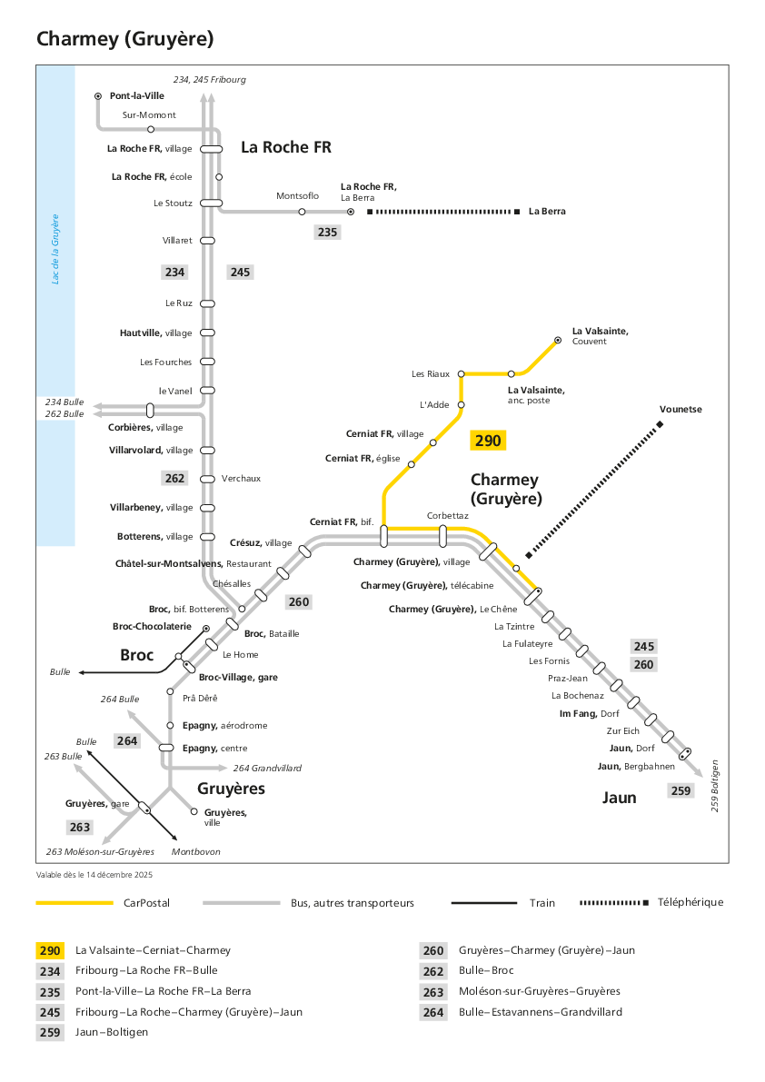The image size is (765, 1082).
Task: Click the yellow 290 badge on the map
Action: tap(488, 441)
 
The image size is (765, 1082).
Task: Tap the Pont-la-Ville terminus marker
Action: tap(98, 96)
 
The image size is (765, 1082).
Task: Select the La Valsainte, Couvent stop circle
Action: tap(558, 340)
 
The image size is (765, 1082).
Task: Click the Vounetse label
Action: tap(681, 409)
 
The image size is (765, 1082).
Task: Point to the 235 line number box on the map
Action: tap(328, 232)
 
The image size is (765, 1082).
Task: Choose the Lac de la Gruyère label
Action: tap(55, 249)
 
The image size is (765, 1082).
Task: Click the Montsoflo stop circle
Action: tap(302, 212)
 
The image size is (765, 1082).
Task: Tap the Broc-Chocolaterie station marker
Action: tap(205, 629)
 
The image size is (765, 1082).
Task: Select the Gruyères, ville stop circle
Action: tap(194, 811)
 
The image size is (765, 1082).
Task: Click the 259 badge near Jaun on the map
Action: tap(681, 790)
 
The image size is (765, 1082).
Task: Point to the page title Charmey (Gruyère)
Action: tap(124, 39)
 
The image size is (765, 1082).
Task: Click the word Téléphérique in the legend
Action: tap(690, 902)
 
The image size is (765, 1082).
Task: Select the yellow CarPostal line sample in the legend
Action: tap(75, 903)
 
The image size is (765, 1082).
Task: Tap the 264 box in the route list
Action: tap(433, 1012)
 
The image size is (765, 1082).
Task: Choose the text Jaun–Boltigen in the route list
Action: tap(112, 1032)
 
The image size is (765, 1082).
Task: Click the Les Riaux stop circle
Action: tap(462, 374)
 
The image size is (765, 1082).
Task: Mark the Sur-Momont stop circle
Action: tap(151, 129)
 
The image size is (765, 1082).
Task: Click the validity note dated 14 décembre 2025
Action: tap(94, 874)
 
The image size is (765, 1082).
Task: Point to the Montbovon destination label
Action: tap(196, 851)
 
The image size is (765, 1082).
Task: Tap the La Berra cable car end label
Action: tap(547, 211)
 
